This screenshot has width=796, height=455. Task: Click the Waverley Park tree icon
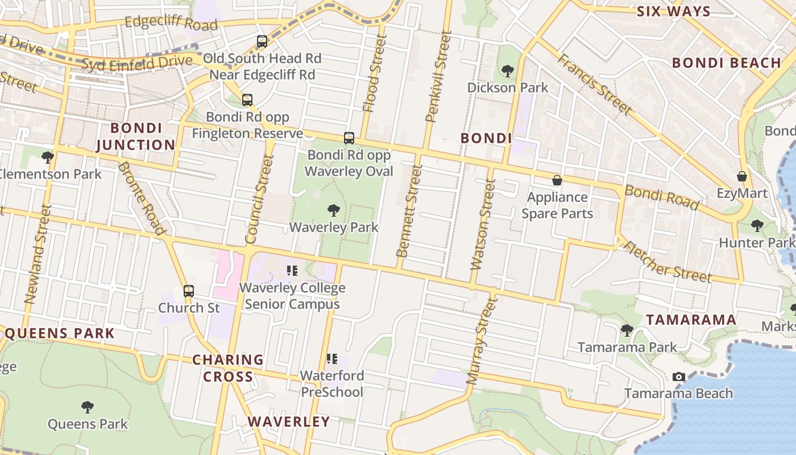[x=334, y=210]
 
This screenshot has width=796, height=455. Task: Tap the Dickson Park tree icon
[x=508, y=71]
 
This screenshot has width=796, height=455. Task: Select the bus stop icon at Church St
[x=189, y=291]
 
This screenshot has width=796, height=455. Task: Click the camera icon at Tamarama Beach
[x=678, y=377]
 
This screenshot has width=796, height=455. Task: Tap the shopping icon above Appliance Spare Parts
[x=557, y=180]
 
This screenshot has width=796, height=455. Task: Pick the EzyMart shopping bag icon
[x=742, y=176]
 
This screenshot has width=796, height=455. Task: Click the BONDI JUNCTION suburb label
[x=136, y=136]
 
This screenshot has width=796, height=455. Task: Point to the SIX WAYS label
[x=673, y=11]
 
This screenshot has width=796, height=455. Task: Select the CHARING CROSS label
[x=228, y=368]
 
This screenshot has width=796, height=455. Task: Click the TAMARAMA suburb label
[x=691, y=320]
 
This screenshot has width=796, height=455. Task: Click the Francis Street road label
[x=595, y=84]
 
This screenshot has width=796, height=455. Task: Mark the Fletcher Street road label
[x=668, y=262]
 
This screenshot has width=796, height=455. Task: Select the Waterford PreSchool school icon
[x=332, y=359]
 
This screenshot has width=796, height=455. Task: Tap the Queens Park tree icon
[x=88, y=407]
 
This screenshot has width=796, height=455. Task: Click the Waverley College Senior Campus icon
[x=292, y=271]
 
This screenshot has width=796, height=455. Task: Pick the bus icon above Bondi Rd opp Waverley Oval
[x=349, y=138]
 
